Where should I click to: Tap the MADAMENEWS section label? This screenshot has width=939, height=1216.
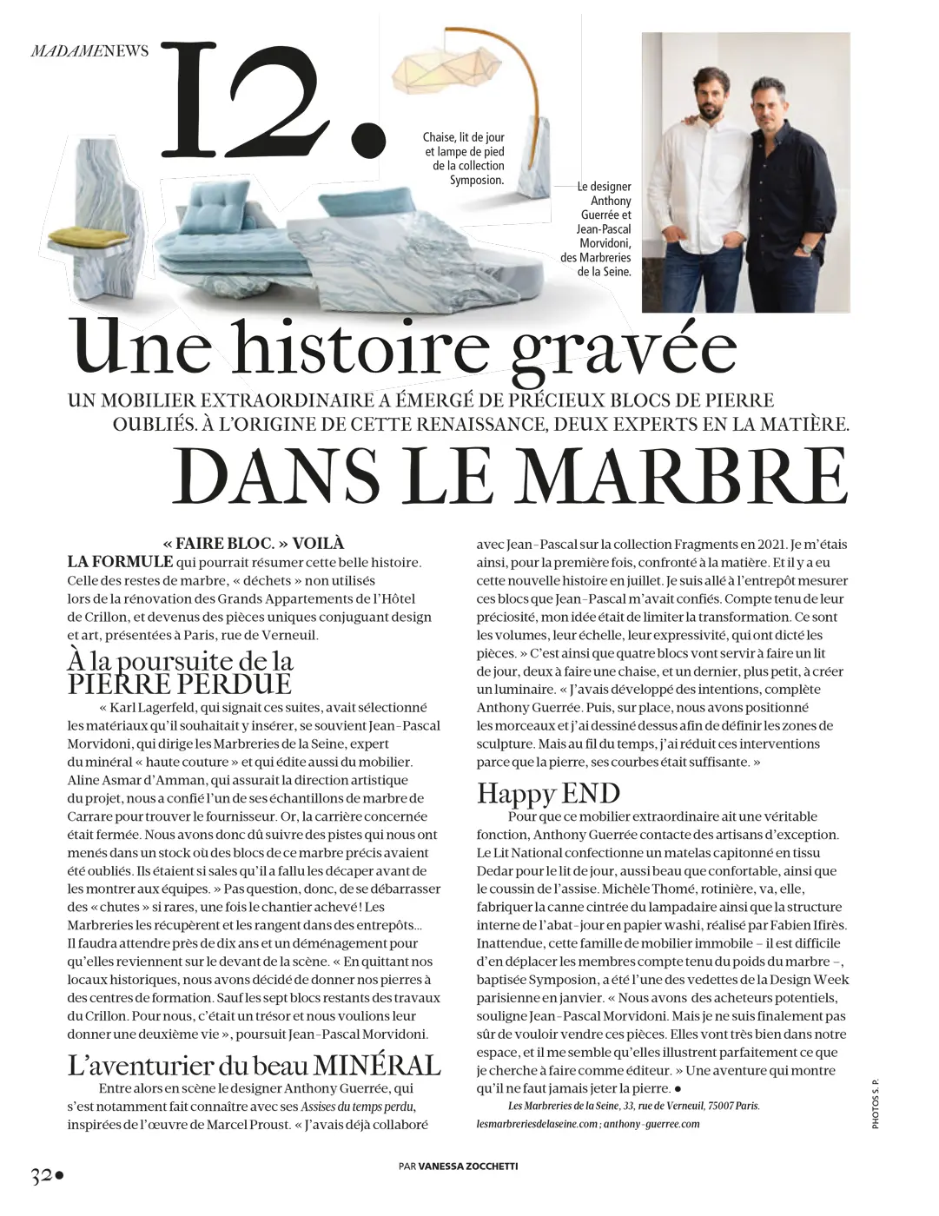point(89,50)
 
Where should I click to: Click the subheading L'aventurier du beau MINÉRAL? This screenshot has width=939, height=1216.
point(254,1065)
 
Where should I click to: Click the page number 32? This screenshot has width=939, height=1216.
point(42,1177)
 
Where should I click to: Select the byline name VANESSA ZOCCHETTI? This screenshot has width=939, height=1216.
point(468,1166)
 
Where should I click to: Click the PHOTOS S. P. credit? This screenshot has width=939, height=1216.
point(876,1104)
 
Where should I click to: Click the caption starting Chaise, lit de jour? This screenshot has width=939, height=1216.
point(464,158)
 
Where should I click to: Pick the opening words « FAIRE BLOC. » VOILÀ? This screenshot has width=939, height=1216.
point(254,543)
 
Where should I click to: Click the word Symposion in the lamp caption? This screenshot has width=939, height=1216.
point(476,180)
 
